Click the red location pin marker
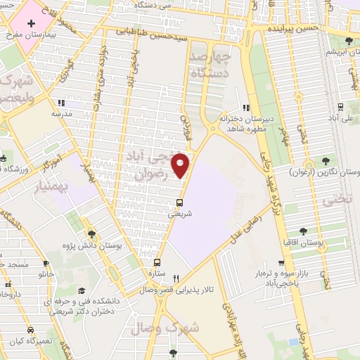(181, 165)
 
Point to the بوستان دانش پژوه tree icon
(92, 234)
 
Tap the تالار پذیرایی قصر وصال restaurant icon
(176, 278)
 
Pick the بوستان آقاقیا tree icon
(303, 231)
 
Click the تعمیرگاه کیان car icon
(30, 330)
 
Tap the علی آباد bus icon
(341, 108)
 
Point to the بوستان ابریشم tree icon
(350, 41)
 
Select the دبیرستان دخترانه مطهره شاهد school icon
(245, 108)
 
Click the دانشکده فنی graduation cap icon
(82, 290)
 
